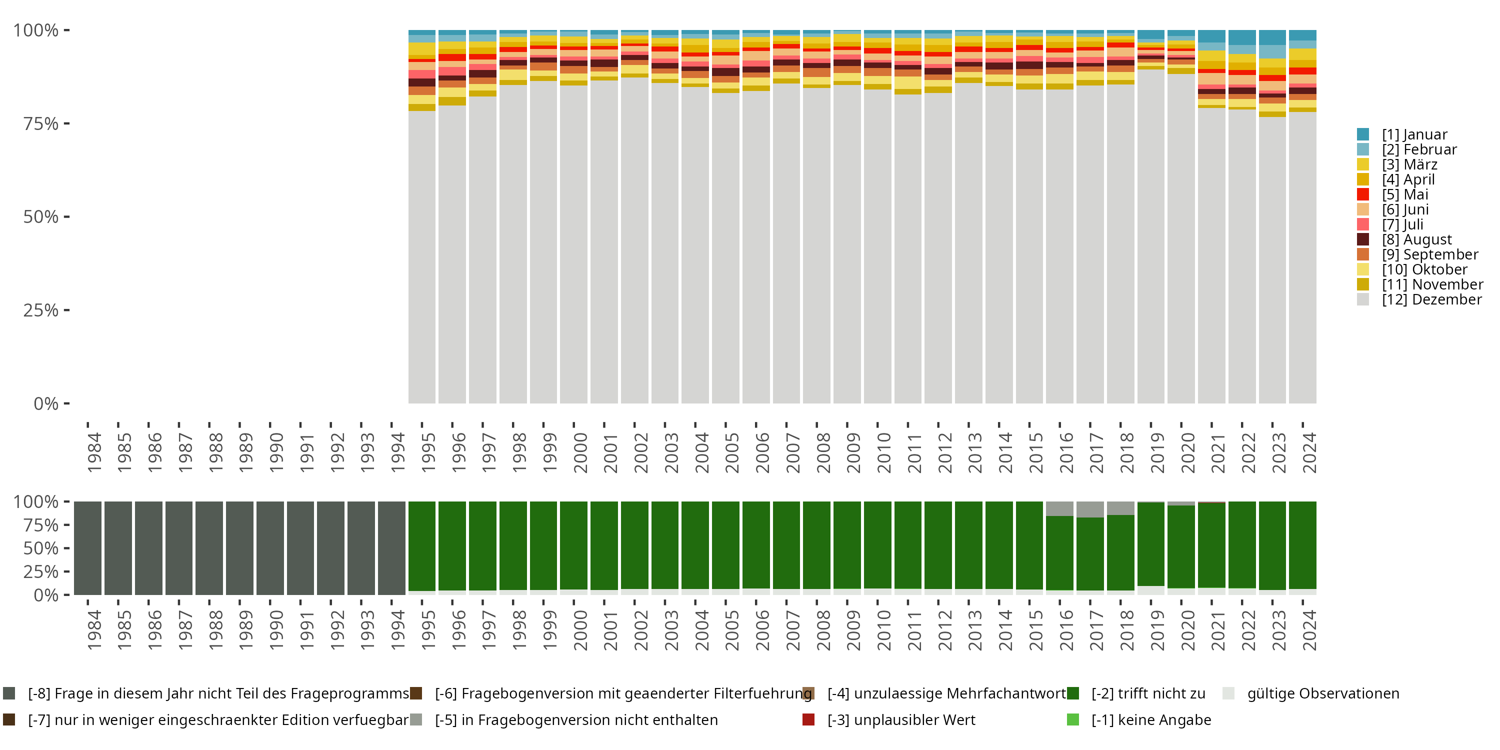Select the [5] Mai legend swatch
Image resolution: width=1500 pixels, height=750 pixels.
(x=1362, y=194)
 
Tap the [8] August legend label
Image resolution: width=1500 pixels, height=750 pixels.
(x=1416, y=239)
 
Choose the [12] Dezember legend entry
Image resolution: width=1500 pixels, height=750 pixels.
(x=1419, y=299)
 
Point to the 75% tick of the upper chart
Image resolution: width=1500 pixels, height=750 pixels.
(x=67, y=123)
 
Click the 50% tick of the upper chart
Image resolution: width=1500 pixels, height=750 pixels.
(x=67, y=216)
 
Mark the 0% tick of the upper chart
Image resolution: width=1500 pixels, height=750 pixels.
(x=67, y=403)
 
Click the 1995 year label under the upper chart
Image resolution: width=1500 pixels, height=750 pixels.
(x=428, y=452)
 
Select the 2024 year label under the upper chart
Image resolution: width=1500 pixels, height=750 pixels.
(x=1309, y=452)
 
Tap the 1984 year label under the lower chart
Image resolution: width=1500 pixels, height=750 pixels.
(x=94, y=630)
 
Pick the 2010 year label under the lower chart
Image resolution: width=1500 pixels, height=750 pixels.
(x=884, y=630)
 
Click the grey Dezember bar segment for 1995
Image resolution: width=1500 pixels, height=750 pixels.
(x=422, y=257)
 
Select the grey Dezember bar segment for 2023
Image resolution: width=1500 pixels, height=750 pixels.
(x=1272, y=260)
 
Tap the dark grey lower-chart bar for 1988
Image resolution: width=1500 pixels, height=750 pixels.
(x=209, y=548)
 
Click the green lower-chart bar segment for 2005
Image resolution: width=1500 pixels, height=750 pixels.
(x=725, y=545)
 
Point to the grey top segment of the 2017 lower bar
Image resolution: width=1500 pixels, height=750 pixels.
(x=1090, y=509)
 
